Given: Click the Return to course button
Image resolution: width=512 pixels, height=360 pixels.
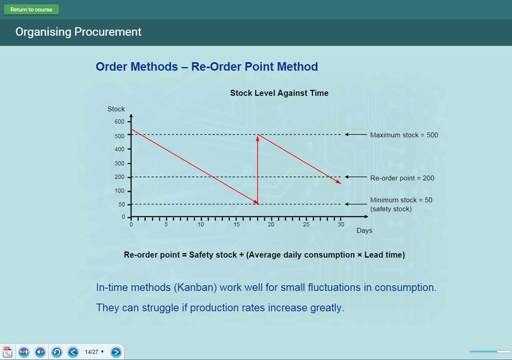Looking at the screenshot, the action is pos(31,9).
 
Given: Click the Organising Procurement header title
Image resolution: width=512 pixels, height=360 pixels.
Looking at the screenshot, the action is pos(78,32).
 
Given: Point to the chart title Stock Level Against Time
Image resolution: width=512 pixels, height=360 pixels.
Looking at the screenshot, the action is pos(279,93).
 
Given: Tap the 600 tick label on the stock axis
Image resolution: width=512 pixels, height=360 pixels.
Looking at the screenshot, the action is pos(119,121).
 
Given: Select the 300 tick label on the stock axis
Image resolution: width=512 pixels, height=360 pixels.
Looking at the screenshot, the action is pos(119,163).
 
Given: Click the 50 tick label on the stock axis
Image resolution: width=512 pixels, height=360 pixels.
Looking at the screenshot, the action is pos(121,204).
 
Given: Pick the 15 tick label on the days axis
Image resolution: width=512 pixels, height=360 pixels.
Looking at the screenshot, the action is pos(236,224).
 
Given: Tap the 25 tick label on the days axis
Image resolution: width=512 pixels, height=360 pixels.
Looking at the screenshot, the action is pos(306,224).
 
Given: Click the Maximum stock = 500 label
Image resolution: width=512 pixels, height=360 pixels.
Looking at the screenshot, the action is pos(404,135).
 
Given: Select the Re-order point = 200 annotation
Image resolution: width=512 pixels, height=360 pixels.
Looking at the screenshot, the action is pos(402,178).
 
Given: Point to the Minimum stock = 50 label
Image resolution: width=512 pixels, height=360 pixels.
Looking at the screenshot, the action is pos(401,200).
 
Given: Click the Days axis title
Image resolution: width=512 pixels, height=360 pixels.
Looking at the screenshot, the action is pos(364,230).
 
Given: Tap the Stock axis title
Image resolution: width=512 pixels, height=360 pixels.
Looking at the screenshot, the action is pos(116,109).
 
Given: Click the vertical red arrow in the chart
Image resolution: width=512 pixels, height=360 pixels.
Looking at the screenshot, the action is pos(258,169).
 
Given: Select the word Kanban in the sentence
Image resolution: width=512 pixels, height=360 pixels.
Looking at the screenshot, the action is pos(195,288).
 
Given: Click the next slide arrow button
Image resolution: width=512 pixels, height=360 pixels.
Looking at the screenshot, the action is pos(116,352).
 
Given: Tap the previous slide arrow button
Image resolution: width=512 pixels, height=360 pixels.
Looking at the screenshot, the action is pos(73,352).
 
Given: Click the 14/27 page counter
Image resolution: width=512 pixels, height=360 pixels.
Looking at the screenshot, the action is pos(92,352).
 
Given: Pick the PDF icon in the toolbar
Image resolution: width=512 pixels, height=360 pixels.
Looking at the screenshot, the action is pos(8,352).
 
